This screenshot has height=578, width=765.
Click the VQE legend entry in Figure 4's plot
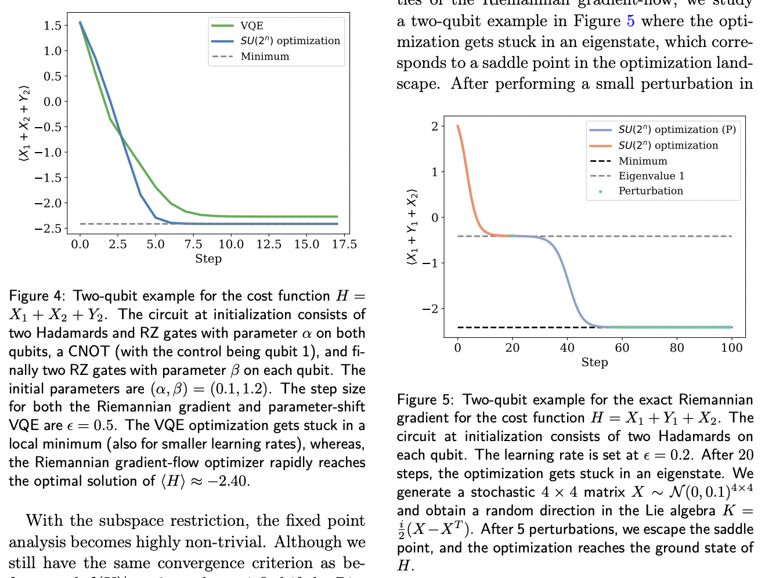[252, 26]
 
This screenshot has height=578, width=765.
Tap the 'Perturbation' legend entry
[651, 191]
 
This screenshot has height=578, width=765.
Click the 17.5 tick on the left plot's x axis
[344, 244]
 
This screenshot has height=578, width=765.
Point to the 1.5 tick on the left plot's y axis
[52, 26]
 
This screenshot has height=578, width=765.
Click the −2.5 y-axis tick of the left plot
[49, 229]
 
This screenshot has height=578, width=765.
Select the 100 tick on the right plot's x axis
[731, 348]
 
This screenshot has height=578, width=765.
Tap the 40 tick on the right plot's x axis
[567, 348]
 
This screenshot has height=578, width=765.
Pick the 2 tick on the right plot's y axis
[435, 126]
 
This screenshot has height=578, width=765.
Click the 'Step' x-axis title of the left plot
[208, 259]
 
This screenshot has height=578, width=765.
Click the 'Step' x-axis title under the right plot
[594, 362]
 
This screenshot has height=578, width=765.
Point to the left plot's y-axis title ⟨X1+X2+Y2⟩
[24, 122]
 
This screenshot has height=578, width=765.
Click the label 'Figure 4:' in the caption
[37, 296]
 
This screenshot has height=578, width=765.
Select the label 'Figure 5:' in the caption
[425, 400]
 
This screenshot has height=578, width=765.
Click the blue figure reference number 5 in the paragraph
[630, 21]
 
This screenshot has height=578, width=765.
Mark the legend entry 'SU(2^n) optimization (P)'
[677, 129]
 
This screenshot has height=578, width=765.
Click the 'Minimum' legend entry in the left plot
[265, 56]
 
